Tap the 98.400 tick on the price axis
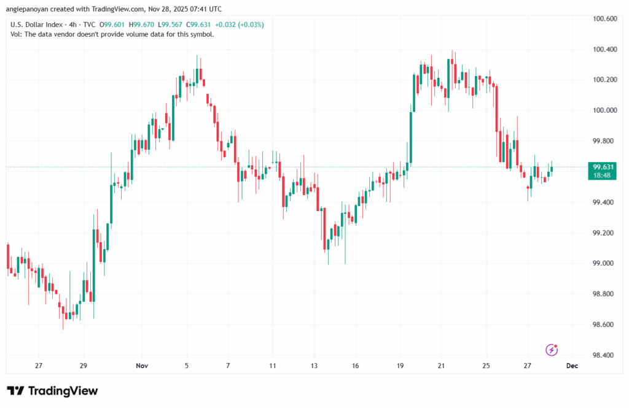coord(603,355)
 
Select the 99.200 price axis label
coord(603,233)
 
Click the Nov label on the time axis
coord(142,366)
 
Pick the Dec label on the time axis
coord(572,366)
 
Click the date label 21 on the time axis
coord(441,366)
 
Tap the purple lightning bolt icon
coord(552,350)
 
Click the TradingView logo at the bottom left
coord(52,391)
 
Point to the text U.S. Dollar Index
coord(35,25)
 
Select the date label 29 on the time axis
coord(84,366)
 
